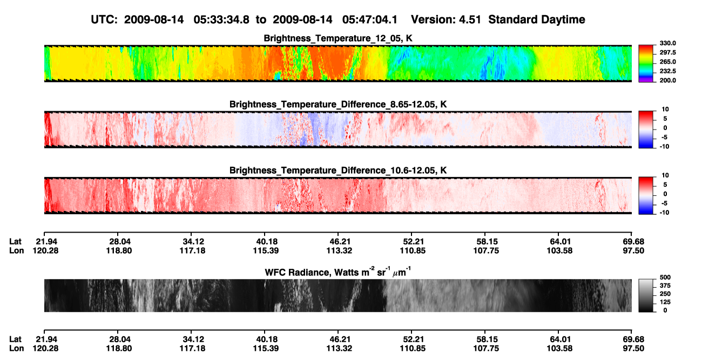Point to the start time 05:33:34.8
click(x=221, y=19)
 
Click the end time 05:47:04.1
click(x=370, y=19)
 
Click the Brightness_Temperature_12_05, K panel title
click(x=338, y=38)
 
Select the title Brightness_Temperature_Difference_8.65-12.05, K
click(x=338, y=104)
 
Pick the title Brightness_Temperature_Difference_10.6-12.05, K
click(x=338, y=171)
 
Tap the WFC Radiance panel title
click(x=338, y=272)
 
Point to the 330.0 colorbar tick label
click(x=667, y=43)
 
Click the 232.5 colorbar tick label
click(x=667, y=71)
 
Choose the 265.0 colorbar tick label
click(x=667, y=62)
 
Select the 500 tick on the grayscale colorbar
click(x=665, y=277)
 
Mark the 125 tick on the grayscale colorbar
click(x=665, y=302)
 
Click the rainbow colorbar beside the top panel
click(x=646, y=64)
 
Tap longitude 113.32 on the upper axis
click(x=339, y=250)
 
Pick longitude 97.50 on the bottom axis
click(x=633, y=349)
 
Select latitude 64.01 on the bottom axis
click(x=560, y=339)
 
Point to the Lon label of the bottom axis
click(x=16, y=349)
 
